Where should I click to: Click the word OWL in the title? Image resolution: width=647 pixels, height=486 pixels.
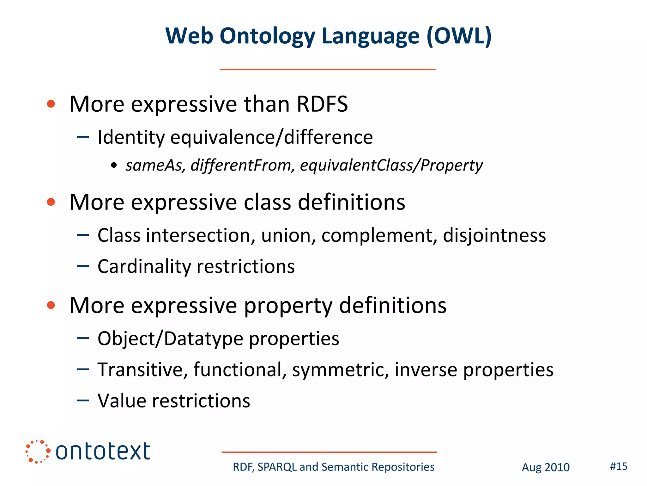click(459, 36)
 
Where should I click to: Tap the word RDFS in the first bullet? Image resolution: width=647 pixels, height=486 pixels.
click(322, 104)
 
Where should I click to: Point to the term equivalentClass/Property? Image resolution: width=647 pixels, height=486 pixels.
click(391, 165)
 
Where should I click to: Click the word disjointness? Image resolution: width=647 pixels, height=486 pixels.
click(494, 236)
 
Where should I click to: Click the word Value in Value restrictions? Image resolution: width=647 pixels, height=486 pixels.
click(122, 401)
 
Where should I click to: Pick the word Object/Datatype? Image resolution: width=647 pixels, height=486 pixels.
click(170, 339)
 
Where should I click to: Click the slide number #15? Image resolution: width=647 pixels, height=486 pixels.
click(618, 466)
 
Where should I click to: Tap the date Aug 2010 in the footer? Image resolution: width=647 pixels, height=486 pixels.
click(545, 467)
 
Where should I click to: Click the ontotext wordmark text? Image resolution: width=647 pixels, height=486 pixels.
click(103, 452)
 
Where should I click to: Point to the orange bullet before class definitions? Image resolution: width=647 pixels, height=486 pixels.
click(51, 202)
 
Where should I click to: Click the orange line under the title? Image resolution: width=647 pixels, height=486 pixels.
click(328, 69)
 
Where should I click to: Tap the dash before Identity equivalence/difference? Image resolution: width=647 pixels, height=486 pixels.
click(83, 137)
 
